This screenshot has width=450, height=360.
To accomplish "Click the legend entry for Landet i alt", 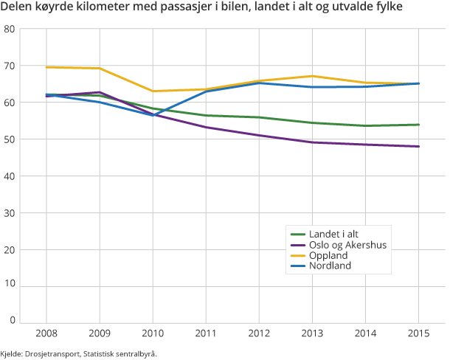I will pos(335,233).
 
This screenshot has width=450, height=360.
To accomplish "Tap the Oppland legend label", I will pos(330,255).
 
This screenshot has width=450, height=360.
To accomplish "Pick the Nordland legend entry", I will pos(331,266).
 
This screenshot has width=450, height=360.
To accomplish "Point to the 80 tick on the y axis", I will pos(10,30).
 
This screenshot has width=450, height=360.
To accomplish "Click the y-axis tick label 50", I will pos(10,139).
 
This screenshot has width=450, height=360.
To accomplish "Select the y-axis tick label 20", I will pos(10,249).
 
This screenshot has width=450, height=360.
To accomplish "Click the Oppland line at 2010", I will pos(152,91).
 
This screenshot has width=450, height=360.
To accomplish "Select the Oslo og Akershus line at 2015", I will pos(418,146).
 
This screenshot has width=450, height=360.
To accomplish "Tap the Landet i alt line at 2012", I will pos(258,117).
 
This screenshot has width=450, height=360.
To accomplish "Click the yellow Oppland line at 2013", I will pos(311,76).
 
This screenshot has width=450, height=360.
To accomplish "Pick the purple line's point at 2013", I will pos(311,142).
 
